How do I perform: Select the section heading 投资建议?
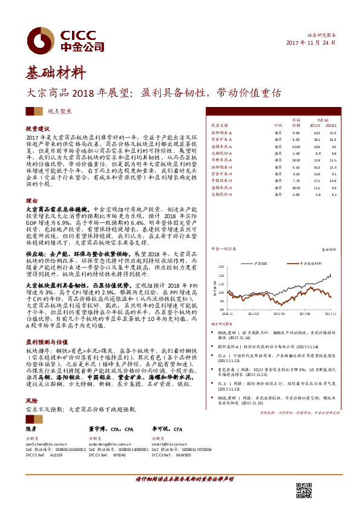tap(36, 129)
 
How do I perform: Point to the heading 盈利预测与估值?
tap(44, 342)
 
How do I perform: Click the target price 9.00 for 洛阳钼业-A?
tap(296, 132)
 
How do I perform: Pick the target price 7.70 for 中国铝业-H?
tap(296, 180)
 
